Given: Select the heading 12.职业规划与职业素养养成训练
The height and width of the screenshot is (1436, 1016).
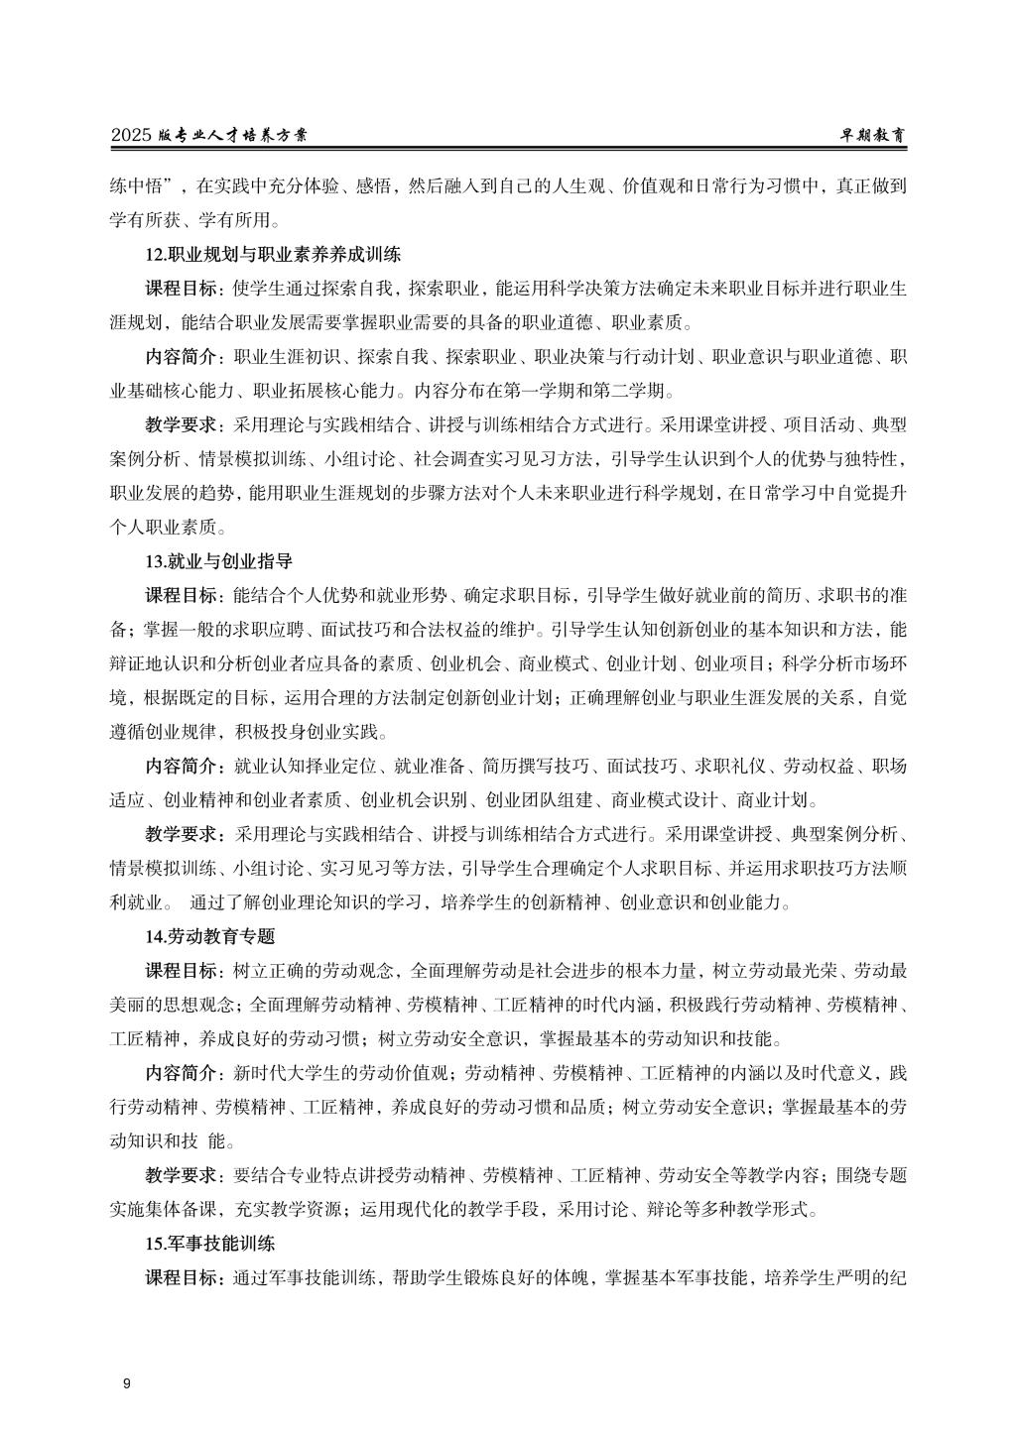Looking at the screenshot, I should pyautogui.click(x=273, y=255).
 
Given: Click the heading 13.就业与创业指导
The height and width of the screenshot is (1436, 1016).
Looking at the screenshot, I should pyautogui.click(x=218, y=561).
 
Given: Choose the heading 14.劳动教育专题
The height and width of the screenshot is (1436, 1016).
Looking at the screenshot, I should pyautogui.click(x=209, y=936).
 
